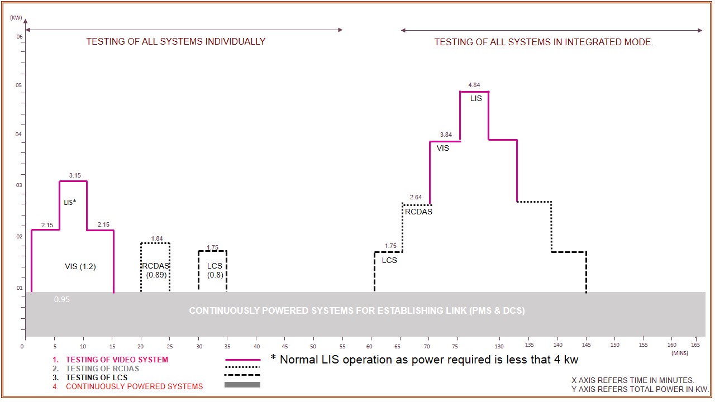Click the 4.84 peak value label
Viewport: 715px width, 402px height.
click(474, 85)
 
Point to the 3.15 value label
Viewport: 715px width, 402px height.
click(75, 175)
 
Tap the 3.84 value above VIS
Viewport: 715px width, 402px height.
click(445, 135)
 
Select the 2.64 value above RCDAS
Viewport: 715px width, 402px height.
click(416, 197)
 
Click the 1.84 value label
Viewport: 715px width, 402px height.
click(157, 238)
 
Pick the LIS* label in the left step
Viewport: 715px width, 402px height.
click(70, 202)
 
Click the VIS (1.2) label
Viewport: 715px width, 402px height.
click(80, 266)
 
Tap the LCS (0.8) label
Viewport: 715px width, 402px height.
click(215, 270)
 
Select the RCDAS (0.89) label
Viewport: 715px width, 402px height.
click(155, 270)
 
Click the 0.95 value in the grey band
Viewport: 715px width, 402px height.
click(61, 299)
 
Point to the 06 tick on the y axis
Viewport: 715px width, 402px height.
click(19, 37)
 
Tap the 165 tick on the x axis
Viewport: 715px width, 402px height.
click(695, 345)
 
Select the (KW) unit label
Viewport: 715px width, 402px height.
click(16, 18)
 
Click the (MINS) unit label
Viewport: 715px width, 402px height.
click(680, 353)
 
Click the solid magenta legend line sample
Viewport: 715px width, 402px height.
click(242, 360)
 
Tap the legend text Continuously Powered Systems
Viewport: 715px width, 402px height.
click(134, 386)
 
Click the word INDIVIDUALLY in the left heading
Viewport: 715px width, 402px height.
click(235, 41)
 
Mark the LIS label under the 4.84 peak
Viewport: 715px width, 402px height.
click(475, 98)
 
